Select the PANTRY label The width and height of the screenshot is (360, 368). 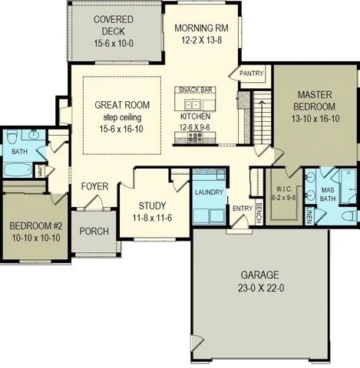(x=252, y=74)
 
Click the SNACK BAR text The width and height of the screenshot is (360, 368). (x=197, y=90)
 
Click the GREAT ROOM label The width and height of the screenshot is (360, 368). (x=122, y=105)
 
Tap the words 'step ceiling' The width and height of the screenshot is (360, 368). (x=122, y=117)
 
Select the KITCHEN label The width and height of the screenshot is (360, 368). (x=194, y=117)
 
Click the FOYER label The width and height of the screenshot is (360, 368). (x=96, y=186)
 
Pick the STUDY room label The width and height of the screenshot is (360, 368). (x=152, y=205)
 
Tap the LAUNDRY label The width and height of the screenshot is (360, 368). (x=208, y=192)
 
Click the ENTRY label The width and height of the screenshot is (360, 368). (x=241, y=208)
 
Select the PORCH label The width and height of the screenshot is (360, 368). (x=94, y=232)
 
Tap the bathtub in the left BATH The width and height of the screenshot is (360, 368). (x=17, y=170)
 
